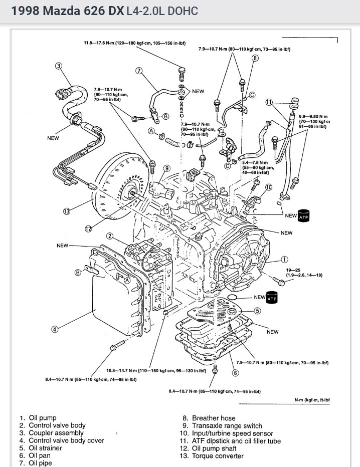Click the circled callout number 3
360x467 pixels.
(59, 66)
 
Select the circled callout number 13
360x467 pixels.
(66, 211)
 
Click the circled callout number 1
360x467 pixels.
(284, 259)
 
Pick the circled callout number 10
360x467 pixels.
(269, 187)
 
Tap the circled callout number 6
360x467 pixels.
(235, 372)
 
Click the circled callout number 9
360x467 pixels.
(166, 168)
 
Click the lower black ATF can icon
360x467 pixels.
(272, 298)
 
